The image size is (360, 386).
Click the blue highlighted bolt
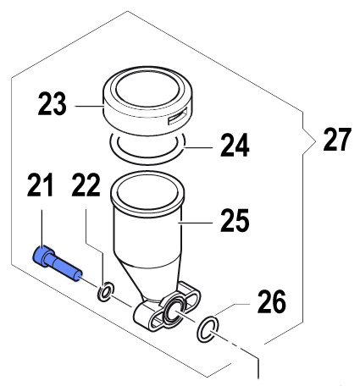(58, 263)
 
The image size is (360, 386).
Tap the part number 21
(40, 185)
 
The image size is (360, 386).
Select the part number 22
(86, 185)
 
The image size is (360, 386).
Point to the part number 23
(53, 104)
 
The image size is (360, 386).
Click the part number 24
(235, 146)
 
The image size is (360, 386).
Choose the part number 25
(235, 220)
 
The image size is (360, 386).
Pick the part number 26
(272, 302)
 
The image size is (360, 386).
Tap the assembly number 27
(337, 140)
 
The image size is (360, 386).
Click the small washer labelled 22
(106, 291)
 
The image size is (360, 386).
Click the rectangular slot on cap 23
(177, 116)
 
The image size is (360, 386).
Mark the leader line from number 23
(90, 106)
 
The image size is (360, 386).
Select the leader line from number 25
(195, 223)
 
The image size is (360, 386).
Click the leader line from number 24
(198, 147)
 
